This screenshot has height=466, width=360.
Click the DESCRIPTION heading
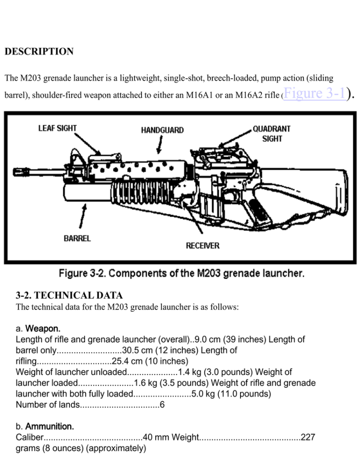tap(39, 52)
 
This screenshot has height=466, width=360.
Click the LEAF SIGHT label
tap(58, 128)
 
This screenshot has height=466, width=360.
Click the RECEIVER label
tap(202, 246)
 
